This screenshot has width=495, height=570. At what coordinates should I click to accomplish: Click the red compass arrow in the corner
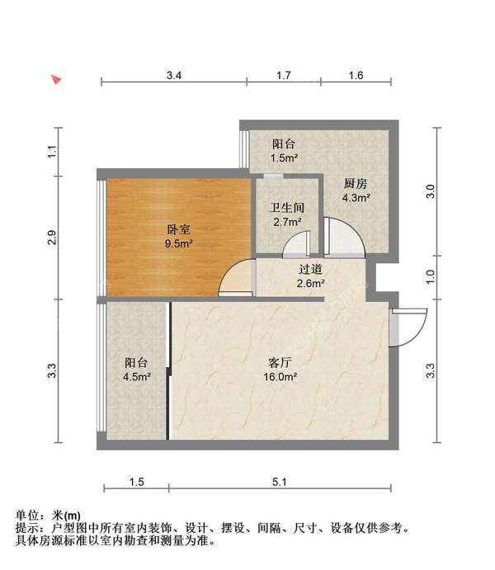[x=56, y=79]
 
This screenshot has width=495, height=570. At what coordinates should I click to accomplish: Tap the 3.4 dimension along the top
[x=173, y=76]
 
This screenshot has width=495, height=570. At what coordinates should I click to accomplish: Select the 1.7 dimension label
[x=283, y=76]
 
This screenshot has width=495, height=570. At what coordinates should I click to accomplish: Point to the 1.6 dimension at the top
[x=356, y=76]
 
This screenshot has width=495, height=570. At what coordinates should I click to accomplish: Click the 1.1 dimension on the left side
[x=51, y=152]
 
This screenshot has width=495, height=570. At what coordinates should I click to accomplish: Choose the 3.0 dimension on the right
[x=429, y=192]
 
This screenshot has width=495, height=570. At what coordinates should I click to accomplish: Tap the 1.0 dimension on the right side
[x=429, y=277]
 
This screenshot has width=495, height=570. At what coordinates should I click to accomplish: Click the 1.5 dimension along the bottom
[x=137, y=482]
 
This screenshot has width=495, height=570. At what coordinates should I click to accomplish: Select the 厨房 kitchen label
[x=356, y=184]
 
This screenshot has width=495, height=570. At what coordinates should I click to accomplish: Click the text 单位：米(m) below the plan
[x=49, y=515]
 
